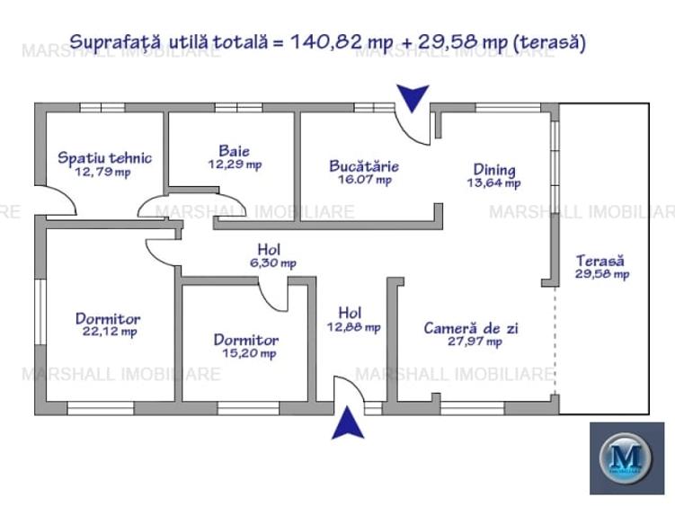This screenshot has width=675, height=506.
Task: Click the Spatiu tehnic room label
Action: pyautogui.click(x=104, y=158)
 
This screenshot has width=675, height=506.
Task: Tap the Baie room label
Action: pyautogui.click(x=234, y=151)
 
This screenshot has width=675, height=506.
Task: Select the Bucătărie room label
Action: pyautogui.click(x=363, y=166)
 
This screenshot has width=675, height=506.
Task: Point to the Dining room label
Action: pyautogui.click(x=494, y=169)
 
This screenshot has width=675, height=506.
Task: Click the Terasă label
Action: pyautogui.click(x=601, y=261)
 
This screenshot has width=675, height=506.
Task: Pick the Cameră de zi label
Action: pyautogui.click(x=471, y=328)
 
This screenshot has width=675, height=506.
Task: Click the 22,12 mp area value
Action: pyautogui.click(x=107, y=332)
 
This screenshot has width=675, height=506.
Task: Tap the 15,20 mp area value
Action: pyautogui.click(x=245, y=353)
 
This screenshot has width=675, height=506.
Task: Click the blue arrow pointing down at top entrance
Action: pyautogui.click(x=413, y=97)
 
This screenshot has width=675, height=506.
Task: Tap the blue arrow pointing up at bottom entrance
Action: pyautogui.click(x=348, y=423)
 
